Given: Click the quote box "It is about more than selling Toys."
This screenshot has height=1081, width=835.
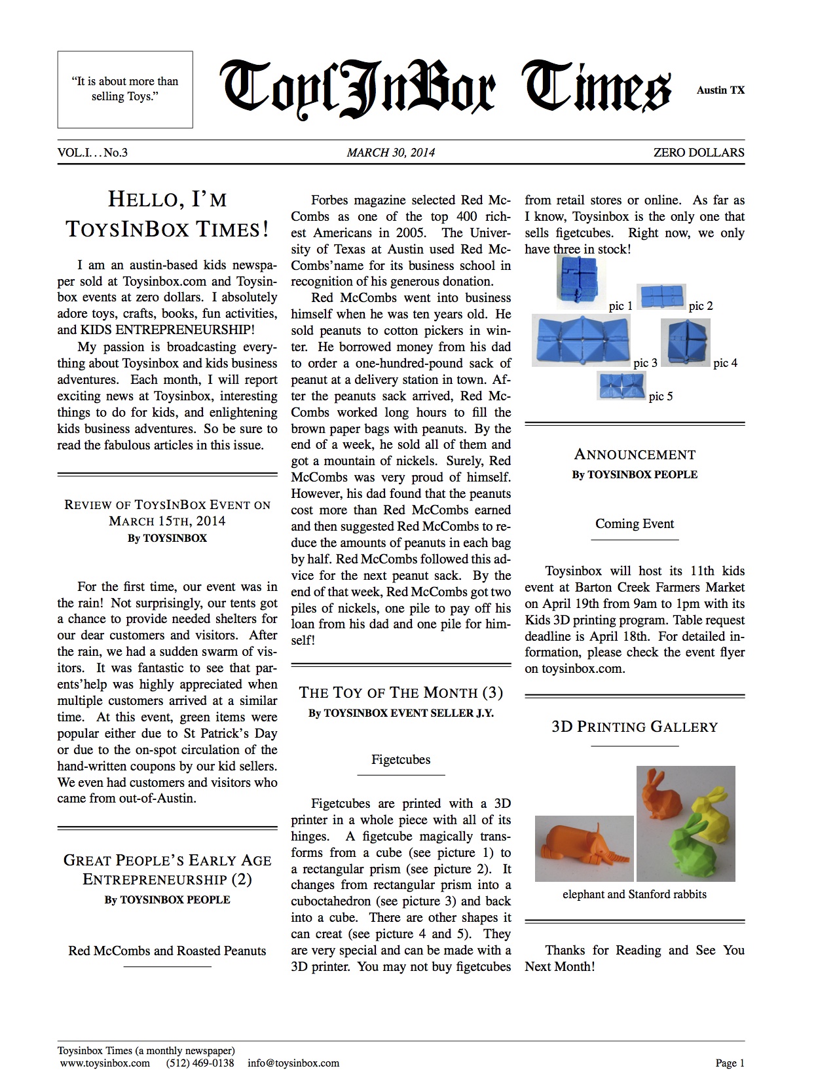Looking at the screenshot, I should pyautogui.click(x=125, y=89).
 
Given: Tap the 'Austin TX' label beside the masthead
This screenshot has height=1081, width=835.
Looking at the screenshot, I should pyautogui.click(x=720, y=90).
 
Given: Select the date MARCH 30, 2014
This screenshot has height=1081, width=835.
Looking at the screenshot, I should pyautogui.click(x=390, y=153).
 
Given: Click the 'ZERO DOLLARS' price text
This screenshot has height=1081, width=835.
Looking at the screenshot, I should pyautogui.click(x=699, y=153).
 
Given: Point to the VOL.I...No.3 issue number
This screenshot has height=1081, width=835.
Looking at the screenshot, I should pyautogui.click(x=92, y=153).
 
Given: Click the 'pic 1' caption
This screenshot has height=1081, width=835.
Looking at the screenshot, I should pyautogui.click(x=620, y=306).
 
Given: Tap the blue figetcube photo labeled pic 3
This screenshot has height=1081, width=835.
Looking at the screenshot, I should pyautogui.click(x=581, y=340).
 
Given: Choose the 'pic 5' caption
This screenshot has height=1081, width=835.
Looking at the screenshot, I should pyautogui.click(x=660, y=396).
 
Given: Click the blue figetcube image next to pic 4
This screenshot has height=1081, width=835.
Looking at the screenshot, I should pyautogui.click(x=685, y=342).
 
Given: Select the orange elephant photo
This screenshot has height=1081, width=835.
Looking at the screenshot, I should pyautogui.click(x=584, y=848).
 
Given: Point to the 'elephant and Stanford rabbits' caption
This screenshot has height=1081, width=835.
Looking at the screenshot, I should pyautogui.click(x=634, y=894).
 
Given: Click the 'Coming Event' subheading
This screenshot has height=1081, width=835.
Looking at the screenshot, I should pyautogui.click(x=634, y=523).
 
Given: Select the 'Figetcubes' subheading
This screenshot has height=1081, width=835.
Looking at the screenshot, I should pyautogui.click(x=401, y=759).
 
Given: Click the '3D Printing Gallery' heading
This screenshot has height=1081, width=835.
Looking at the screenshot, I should pyautogui.click(x=634, y=727).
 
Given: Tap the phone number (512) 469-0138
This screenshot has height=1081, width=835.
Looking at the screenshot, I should pyautogui.click(x=200, y=1063).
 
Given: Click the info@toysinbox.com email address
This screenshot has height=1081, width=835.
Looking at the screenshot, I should pyautogui.click(x=293, y=1063).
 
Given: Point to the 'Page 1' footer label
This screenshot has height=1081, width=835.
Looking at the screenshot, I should pyautogui.click(x=730, y=1063).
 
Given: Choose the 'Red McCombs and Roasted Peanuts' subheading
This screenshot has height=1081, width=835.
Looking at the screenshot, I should pyautogui.click(x=167, y=951).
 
